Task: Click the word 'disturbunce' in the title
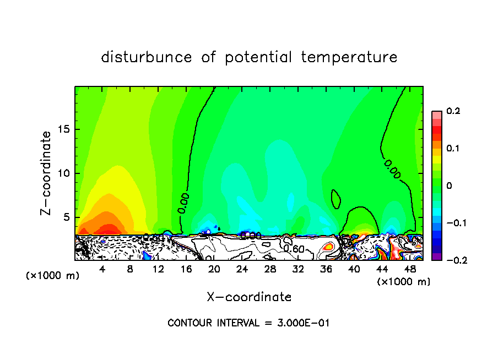tap(147, 57)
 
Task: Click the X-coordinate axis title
tap(248, 297)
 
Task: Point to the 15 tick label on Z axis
tap(63, 129)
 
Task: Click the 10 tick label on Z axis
tap(63, 173)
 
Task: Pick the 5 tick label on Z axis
tap(66, 217)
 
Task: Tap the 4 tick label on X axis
tap(102, 269)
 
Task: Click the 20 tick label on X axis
tap(214, 269)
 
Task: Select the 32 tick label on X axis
tap(298, 269)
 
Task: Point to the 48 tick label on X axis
tap(410, 269)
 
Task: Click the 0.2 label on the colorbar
tap(453, 111)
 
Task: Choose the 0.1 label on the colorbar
tap(453, 149)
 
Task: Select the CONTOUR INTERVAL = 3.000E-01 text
tap(248, 323)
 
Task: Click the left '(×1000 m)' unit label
tap(53, 276)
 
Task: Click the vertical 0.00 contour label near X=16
tap(184, 202)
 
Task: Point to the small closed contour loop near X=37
tap(335, 199)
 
